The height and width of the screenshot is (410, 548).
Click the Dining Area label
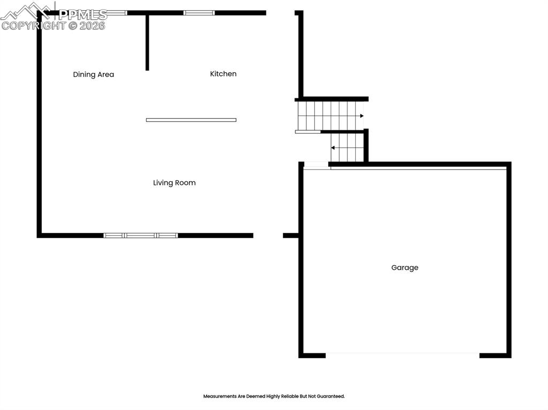[94, 75]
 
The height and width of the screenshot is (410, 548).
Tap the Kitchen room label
[223, 74]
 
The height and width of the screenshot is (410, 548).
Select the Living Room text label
[174, 183]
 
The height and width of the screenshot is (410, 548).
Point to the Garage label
[405, 268]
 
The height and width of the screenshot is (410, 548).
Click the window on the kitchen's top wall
[199, 13]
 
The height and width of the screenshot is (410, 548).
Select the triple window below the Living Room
[141, 235]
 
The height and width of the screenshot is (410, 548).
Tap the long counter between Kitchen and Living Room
[191, 120]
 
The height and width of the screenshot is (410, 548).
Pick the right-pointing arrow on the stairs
[361, 116]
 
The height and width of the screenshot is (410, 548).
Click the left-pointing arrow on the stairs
[333, 147]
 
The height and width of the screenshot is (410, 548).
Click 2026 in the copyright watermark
[93, 26]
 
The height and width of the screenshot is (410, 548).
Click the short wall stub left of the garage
[290, 235]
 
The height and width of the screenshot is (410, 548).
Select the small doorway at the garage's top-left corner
[316, 166]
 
